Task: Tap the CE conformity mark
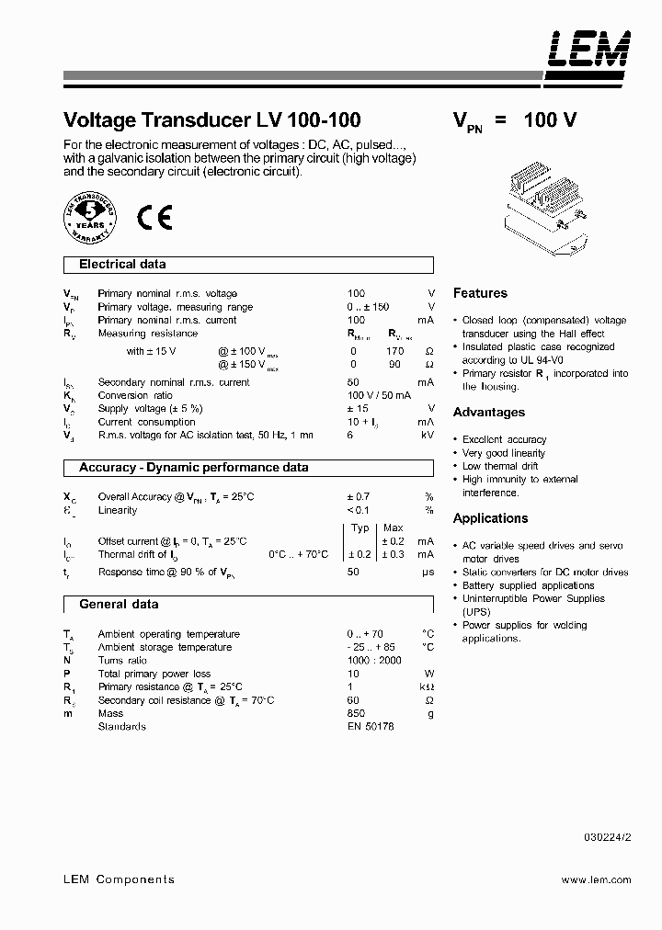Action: coord(154,218)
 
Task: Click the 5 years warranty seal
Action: coord(91,218)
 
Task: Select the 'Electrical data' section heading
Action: coord(122,265)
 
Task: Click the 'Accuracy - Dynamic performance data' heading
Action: coord(193,468)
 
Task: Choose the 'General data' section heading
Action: coord(119,605)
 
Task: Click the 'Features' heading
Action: coord(480,293)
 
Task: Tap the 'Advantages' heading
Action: coord(489,413)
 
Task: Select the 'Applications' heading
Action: coord(491,518)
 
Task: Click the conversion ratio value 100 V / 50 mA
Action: coord(377,395)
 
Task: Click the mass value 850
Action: coord(356,713)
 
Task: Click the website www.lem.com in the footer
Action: coord(596,880)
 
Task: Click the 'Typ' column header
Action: coord(360,528)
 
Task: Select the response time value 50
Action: coord(353,573)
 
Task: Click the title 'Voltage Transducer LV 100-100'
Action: coord(211,119)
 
